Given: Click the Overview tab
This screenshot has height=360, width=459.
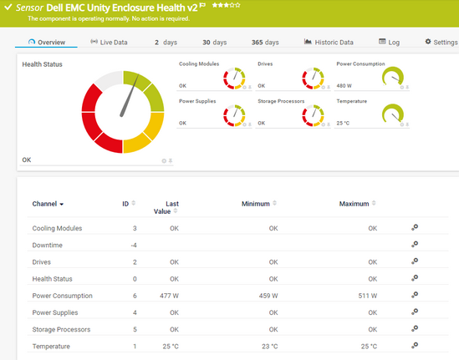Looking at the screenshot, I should [46, 42].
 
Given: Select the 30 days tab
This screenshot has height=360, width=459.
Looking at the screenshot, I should [214, 42].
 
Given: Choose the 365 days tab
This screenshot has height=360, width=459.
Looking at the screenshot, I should [265, 42].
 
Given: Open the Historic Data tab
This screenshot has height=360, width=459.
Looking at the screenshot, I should [329, 42].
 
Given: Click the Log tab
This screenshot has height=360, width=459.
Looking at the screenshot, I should [390, 42].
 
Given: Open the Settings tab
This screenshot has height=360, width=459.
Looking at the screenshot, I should [441, 42].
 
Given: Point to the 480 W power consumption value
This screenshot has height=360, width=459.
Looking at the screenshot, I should [344, 85].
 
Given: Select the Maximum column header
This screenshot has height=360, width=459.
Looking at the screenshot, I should [354, 203].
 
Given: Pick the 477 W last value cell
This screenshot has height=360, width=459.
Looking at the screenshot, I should [169, 296].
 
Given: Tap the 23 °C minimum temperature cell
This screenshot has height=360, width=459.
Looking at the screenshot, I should [268, 346].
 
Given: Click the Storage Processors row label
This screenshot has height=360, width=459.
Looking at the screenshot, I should [61, 329].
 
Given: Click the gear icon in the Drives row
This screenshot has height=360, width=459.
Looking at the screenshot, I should [413, 261].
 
